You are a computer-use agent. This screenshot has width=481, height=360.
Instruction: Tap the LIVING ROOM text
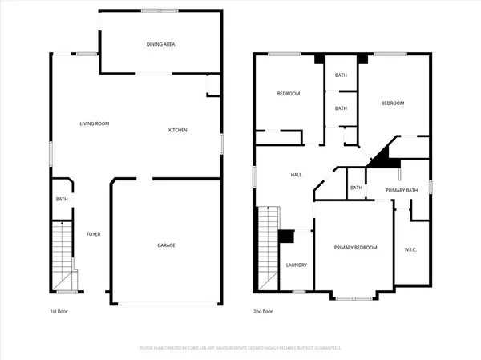94,123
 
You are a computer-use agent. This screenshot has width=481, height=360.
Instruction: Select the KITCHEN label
178,131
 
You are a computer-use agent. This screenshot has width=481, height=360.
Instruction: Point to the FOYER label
94,233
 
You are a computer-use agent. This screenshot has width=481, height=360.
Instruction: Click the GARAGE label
166,245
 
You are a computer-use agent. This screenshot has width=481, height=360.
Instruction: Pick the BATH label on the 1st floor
61,200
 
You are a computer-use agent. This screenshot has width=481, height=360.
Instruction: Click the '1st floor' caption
59,311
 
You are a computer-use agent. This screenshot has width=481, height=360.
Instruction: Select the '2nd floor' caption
262,311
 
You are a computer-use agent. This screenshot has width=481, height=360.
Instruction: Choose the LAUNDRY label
296,265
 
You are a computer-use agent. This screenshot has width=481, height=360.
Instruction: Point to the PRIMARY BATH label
402,190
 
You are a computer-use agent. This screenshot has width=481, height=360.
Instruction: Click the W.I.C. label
411,249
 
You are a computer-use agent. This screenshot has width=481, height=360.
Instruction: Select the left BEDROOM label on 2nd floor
289,94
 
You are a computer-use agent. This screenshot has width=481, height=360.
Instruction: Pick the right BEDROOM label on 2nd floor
392,103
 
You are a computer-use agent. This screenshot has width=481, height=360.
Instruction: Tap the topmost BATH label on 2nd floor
341,75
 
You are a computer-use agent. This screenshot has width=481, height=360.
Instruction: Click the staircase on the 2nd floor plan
268,245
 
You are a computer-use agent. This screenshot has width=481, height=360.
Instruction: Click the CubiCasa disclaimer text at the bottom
240,348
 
